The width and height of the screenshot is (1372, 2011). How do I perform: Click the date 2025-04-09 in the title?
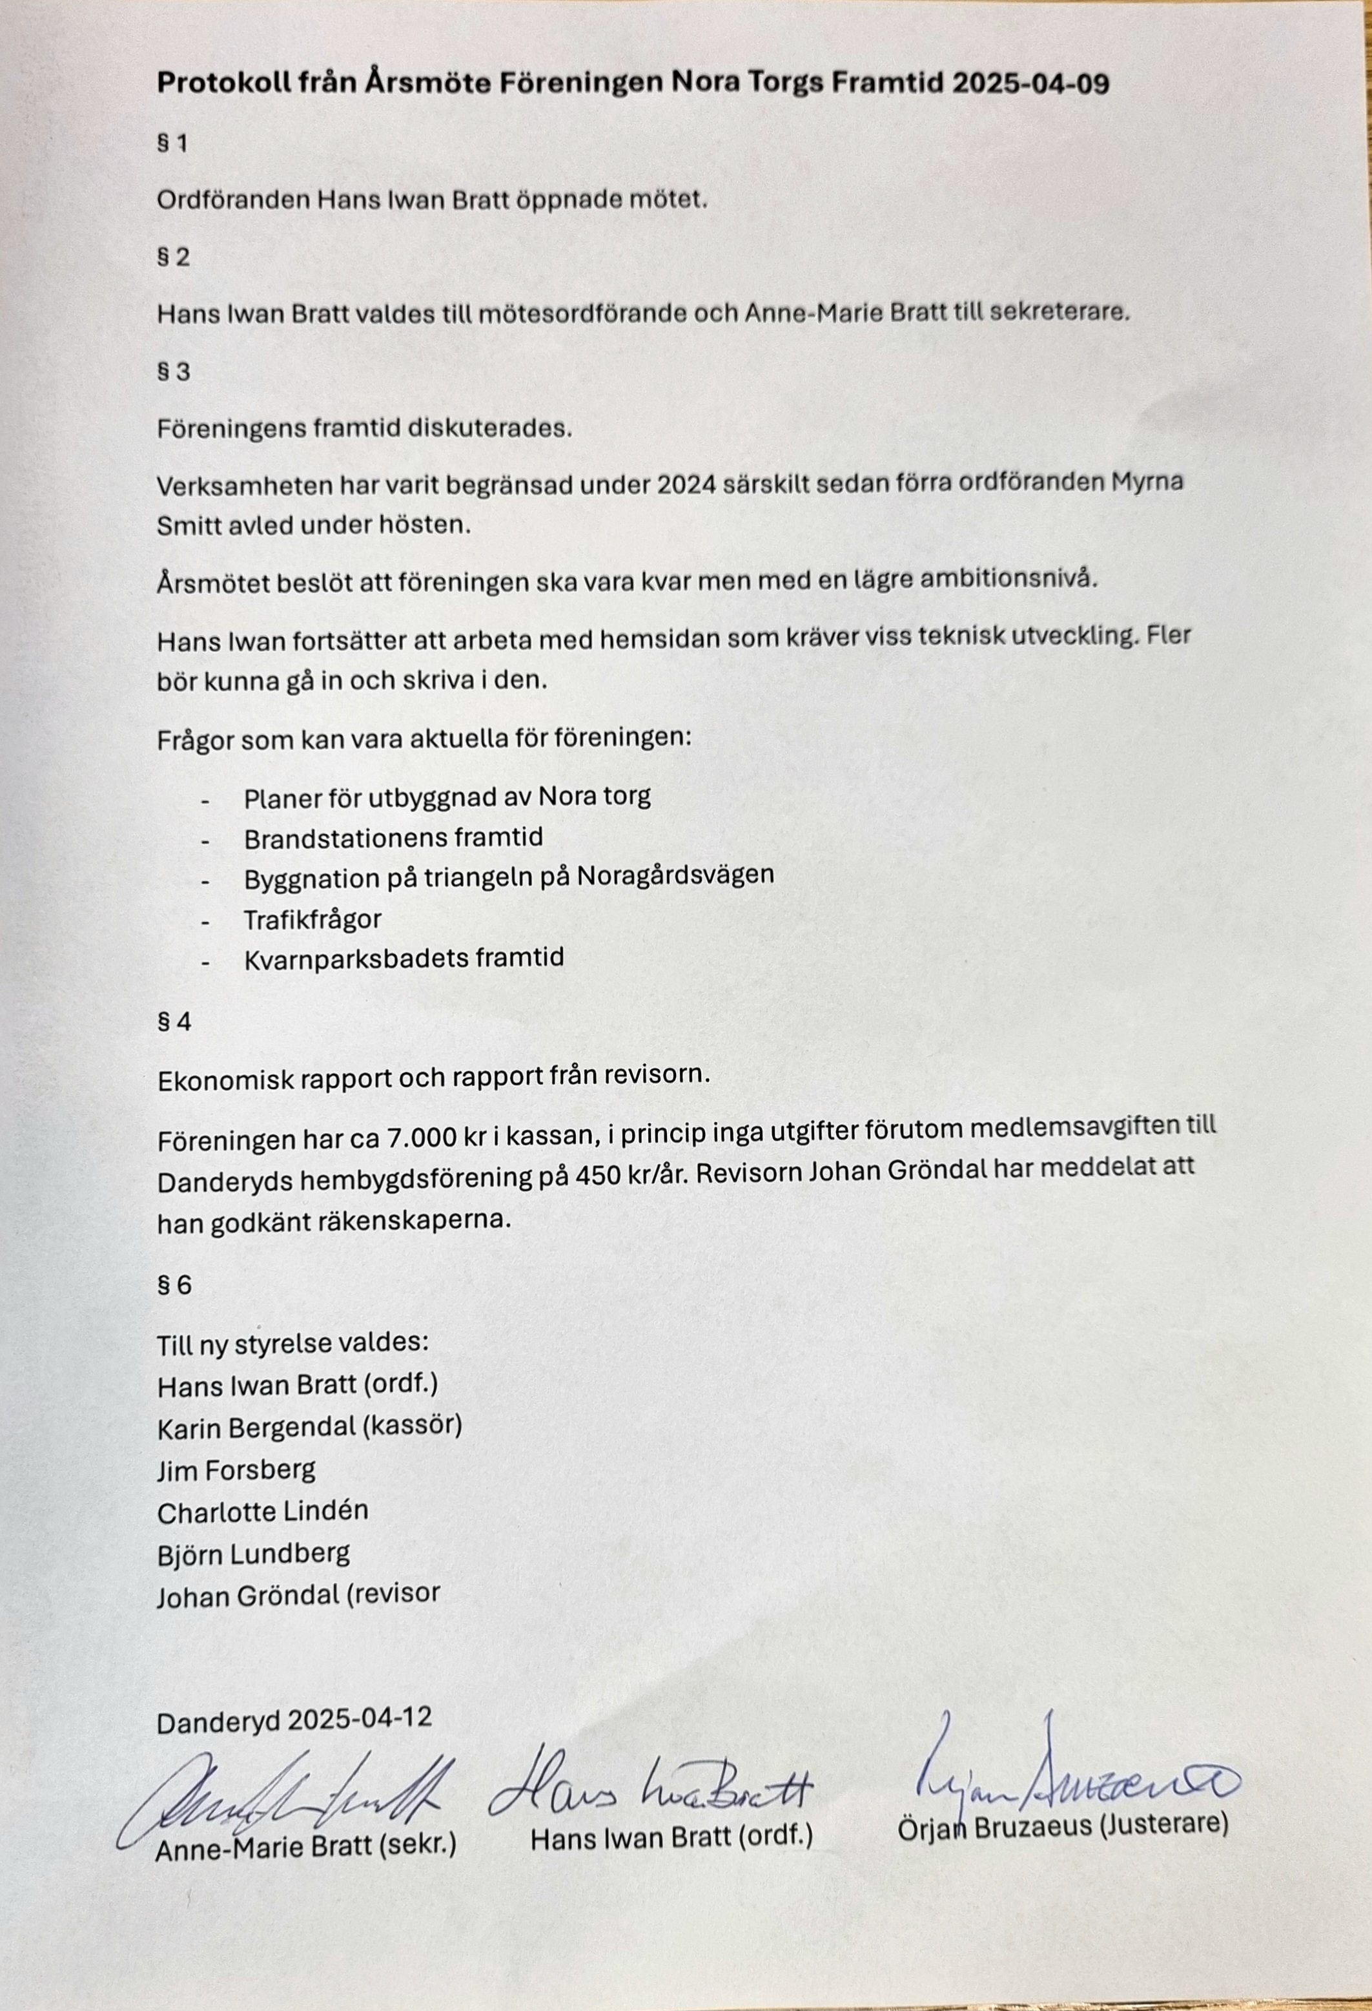pos(1030,83)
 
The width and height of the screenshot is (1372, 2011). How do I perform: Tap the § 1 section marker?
pos(172,143)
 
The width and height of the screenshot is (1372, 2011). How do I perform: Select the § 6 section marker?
pos(174,1285)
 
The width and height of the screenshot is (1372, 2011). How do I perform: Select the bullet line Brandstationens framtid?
pos(394,838)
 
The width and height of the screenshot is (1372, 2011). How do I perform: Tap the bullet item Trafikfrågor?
pos(312,919)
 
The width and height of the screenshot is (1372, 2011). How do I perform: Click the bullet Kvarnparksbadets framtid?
pos(404,958)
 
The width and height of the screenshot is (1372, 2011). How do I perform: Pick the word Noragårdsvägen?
pos(675,876)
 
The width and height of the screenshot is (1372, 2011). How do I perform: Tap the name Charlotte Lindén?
pos(263,1511)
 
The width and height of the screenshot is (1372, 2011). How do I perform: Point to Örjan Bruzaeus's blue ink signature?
pos(1072,1772)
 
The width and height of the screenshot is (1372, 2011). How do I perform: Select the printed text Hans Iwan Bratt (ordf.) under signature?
pos(671,1838)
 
